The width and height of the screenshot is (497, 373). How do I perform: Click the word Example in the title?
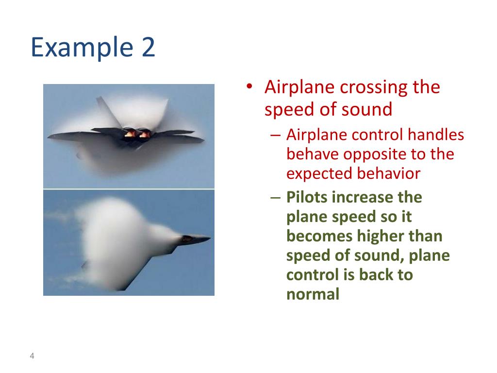(82, 48)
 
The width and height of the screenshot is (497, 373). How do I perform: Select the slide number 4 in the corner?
(32, 356)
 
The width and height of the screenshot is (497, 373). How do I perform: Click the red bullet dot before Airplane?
(249, 86)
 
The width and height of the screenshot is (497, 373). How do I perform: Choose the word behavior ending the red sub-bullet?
(389, 173)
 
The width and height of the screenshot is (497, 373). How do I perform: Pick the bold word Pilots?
(307, 197)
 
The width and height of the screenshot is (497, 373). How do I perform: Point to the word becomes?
(319, 237)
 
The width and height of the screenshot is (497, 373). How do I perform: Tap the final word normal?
(313, 294)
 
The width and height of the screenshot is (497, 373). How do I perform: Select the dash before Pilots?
(276, 198)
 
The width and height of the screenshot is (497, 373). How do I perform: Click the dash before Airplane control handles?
(276, 135)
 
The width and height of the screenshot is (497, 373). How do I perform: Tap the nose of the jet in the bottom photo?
(210, 237)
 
